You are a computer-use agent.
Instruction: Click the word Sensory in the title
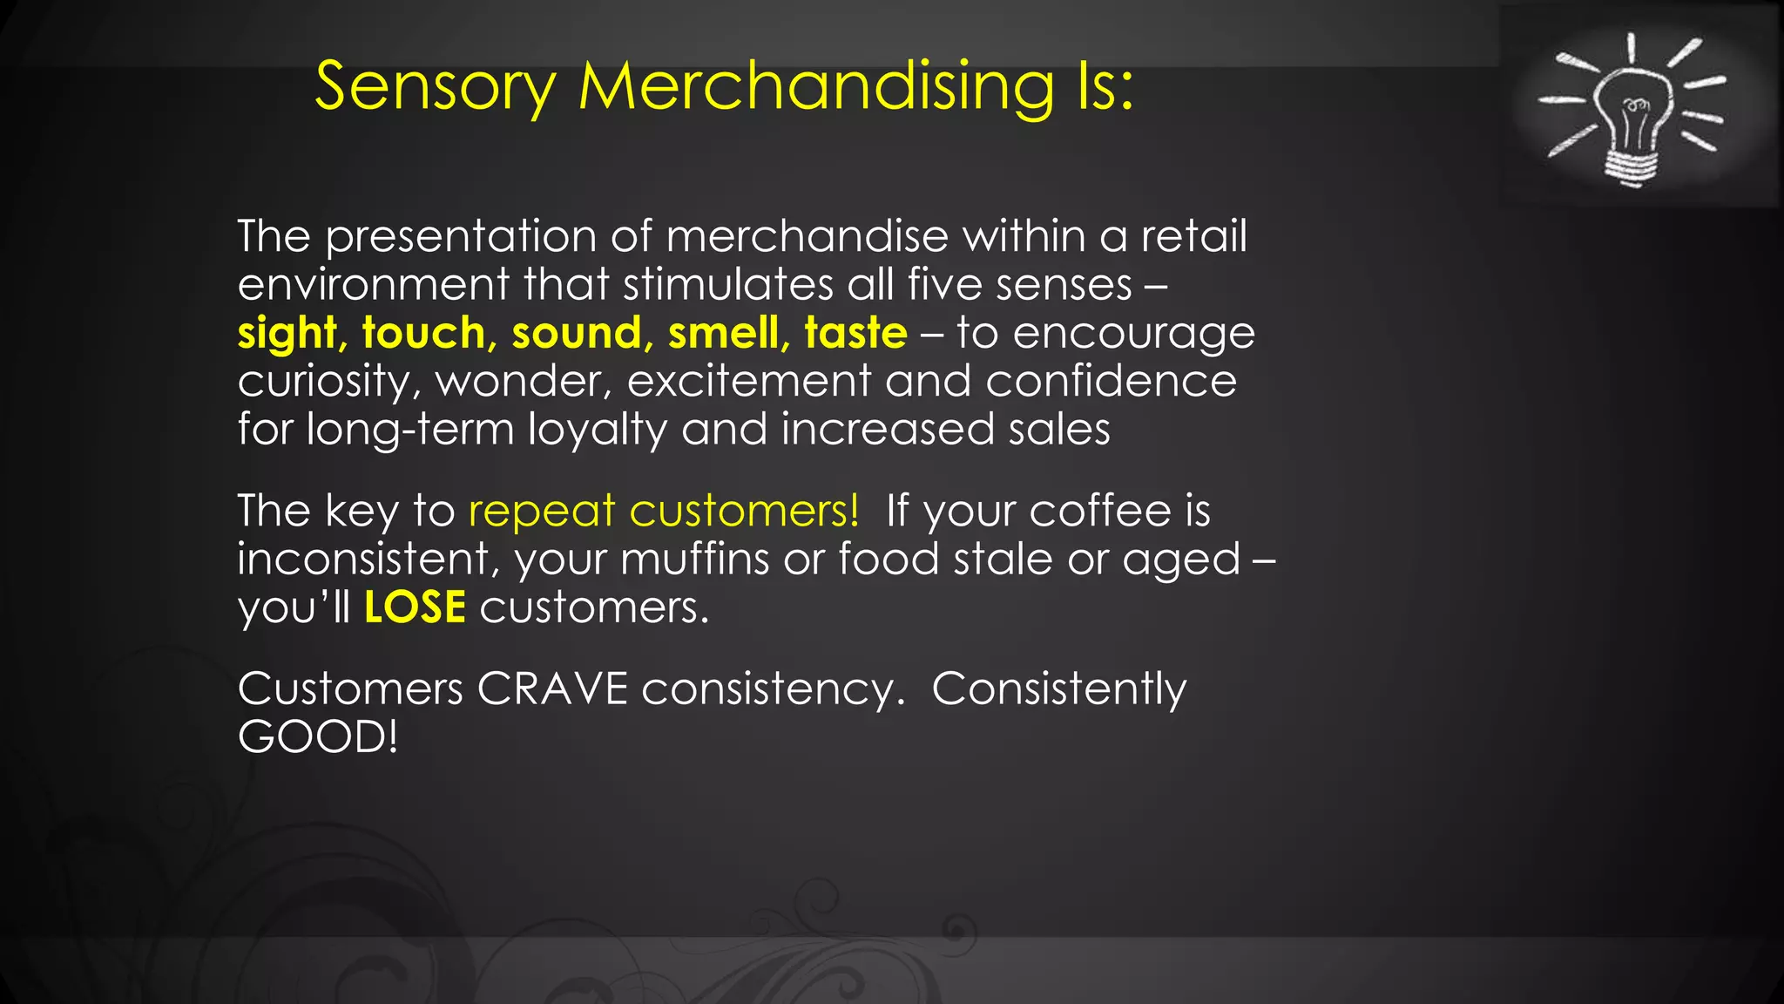(x=435, y=87)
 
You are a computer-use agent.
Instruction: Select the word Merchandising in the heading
(x=817, y=87)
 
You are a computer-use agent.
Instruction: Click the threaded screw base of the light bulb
(x=1631, y=166)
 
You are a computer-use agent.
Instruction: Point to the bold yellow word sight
(x=287, y=333)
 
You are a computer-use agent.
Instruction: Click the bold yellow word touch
(x=423, y=333)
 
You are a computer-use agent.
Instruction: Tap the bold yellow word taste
(x=855, y=333)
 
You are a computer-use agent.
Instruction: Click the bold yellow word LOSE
(x=415, y=607)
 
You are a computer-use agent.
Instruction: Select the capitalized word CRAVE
(x=552, y=689)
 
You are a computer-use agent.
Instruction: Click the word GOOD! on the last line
(x=318, y=737)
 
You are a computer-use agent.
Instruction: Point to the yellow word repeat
(x=542, y=511)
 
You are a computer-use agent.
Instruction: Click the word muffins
(x=694, y=559)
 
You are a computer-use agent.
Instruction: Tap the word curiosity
(x=323, y=382)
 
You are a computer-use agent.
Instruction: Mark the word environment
(x=373, y=285)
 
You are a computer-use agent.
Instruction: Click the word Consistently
(x=1058, y=689)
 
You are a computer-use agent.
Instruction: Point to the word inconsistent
(x=363, y=559)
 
